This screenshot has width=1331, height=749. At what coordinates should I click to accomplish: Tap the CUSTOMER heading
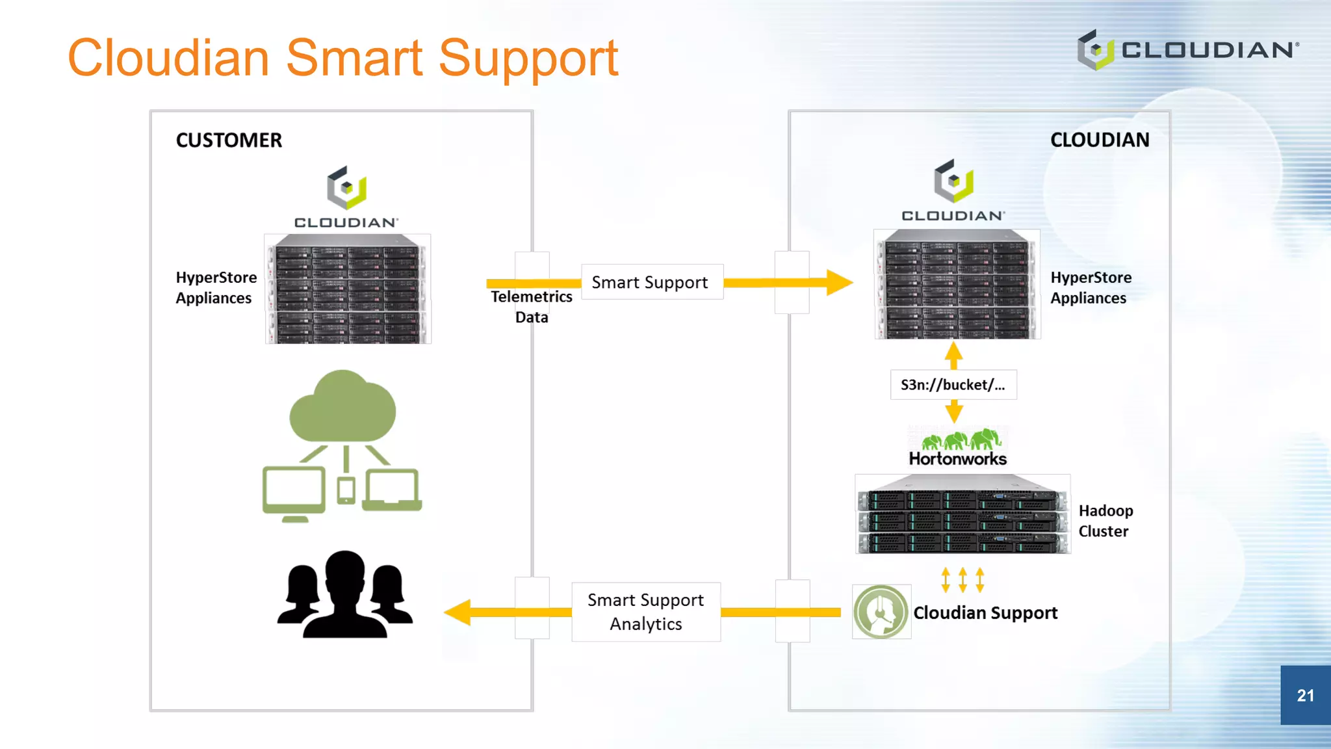click(x=229, y=140)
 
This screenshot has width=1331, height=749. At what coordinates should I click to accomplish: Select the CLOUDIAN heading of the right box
click(x=1099, y=140)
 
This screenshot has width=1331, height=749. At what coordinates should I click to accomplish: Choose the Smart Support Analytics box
click(x=646, y=612)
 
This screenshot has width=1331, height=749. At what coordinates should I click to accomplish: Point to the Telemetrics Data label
click(x=532, y=306)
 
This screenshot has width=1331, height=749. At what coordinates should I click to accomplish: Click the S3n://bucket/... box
click(x=953, y=385)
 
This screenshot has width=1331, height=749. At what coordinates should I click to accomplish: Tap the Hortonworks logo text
click(x=957, y=459)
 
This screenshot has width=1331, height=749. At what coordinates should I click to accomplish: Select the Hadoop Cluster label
click(x=1105, y=521)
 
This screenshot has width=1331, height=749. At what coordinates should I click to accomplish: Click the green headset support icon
click(x=881, y=612)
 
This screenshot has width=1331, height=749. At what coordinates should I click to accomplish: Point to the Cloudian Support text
click(x=985, y=612)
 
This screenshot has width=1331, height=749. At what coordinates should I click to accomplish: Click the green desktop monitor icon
click(x=294, y=492)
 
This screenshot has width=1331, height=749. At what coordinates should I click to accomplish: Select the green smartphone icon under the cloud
click(x=346, y=490)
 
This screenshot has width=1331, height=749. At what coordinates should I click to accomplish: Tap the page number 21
click(x=1305, y=695)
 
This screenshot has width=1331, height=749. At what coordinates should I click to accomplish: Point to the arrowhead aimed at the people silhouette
click(x=458, y=612)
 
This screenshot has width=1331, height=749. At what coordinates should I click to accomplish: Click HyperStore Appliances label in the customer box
click(x=216, y=287)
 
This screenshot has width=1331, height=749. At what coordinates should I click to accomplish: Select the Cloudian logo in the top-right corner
click(x=1187, y=49)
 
